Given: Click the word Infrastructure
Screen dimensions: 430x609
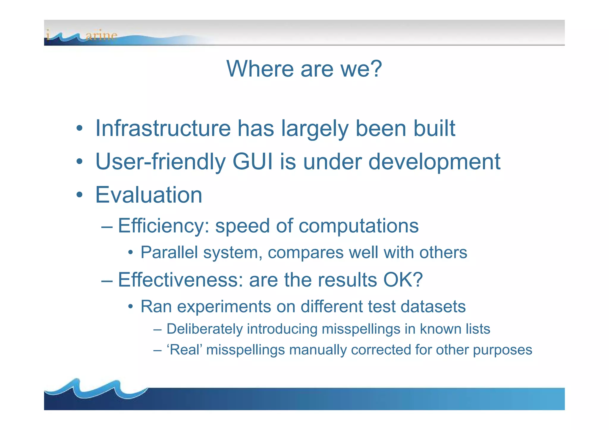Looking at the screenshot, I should [x=163, y=128].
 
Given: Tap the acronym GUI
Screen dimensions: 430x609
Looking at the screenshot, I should [x=252, y=162].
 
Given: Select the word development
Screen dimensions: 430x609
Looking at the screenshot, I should [x=434, y=162].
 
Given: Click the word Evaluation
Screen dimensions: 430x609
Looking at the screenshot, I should [x=149, y=195].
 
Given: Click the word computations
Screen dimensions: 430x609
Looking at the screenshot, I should [x=358, y=226].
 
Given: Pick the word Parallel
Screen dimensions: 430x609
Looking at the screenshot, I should [x=169, y=253].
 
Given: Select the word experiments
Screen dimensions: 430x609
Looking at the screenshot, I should [x=224, y=307].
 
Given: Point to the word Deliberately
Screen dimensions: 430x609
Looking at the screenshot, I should [x=205, y=329].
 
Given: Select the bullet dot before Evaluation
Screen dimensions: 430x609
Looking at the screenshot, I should [x=79, y=195].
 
